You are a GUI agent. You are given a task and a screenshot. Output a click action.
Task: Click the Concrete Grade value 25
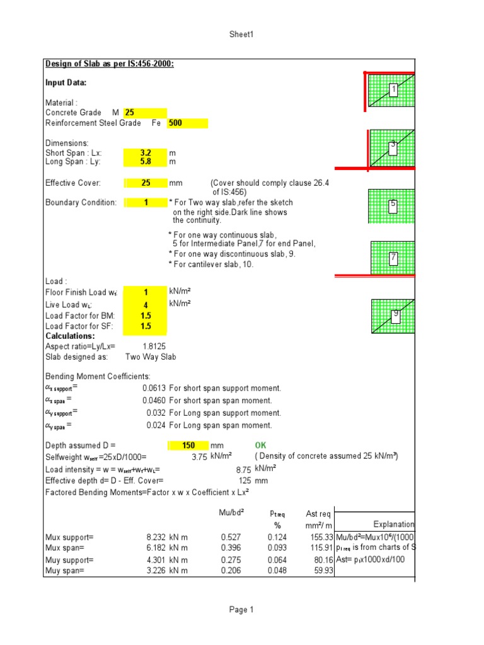click(x=130, y=113)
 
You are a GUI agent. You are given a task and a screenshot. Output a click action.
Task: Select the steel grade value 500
click(x=175, y=123)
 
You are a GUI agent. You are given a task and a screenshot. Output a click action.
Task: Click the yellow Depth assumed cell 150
click(x=188, y=445)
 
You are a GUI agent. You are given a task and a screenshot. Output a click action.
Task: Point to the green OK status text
click(x=261, y=445)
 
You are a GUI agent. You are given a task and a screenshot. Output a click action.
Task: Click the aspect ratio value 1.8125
click(x=154, y=346)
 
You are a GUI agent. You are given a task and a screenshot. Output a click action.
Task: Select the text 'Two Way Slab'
click(x=151, y=357)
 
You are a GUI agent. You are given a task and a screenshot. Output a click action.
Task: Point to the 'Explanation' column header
click(x=394, y=524)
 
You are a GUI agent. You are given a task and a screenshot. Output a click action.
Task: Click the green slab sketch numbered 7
click(x=393, y=258)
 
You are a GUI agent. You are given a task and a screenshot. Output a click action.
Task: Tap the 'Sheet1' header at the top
click(x=241, y=35)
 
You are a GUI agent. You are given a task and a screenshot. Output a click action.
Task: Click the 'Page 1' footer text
click(x=241, y=610)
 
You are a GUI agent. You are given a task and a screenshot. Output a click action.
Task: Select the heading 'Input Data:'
click(x=66, y=83)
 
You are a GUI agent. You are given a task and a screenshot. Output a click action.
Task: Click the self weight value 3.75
click(x=199, y=457)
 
